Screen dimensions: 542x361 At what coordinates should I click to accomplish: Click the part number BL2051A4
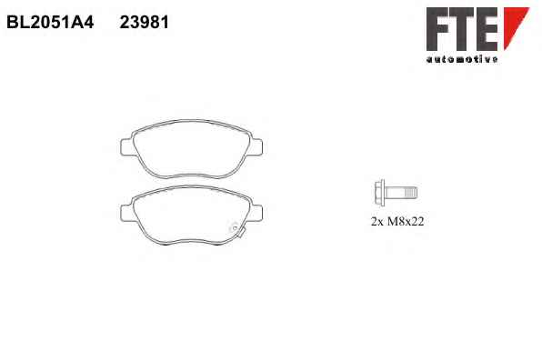50,23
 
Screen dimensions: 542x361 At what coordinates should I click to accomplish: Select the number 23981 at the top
145,23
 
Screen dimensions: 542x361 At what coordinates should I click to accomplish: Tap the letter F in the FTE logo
437,29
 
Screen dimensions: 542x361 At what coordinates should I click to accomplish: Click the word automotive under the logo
462,59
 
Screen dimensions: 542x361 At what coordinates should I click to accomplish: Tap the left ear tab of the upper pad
126,147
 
